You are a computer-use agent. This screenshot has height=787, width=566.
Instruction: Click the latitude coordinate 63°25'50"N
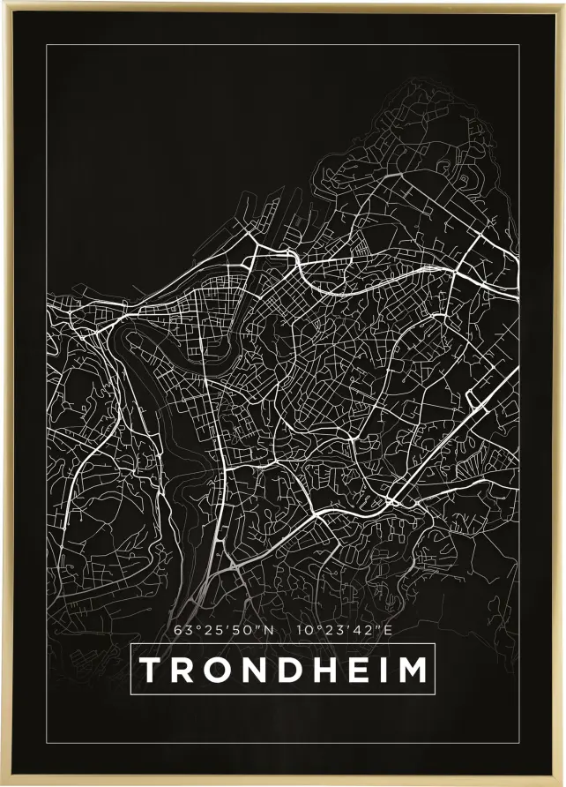[x=225, y=631]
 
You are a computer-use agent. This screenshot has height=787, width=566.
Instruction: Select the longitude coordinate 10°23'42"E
[x=344, y=631]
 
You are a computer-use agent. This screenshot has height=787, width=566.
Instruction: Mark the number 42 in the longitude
[x=366, y=631]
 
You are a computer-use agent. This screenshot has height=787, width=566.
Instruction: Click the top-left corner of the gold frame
[x=3, y=3]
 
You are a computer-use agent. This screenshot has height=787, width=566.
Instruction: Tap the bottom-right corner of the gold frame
[x=562, y=783]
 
